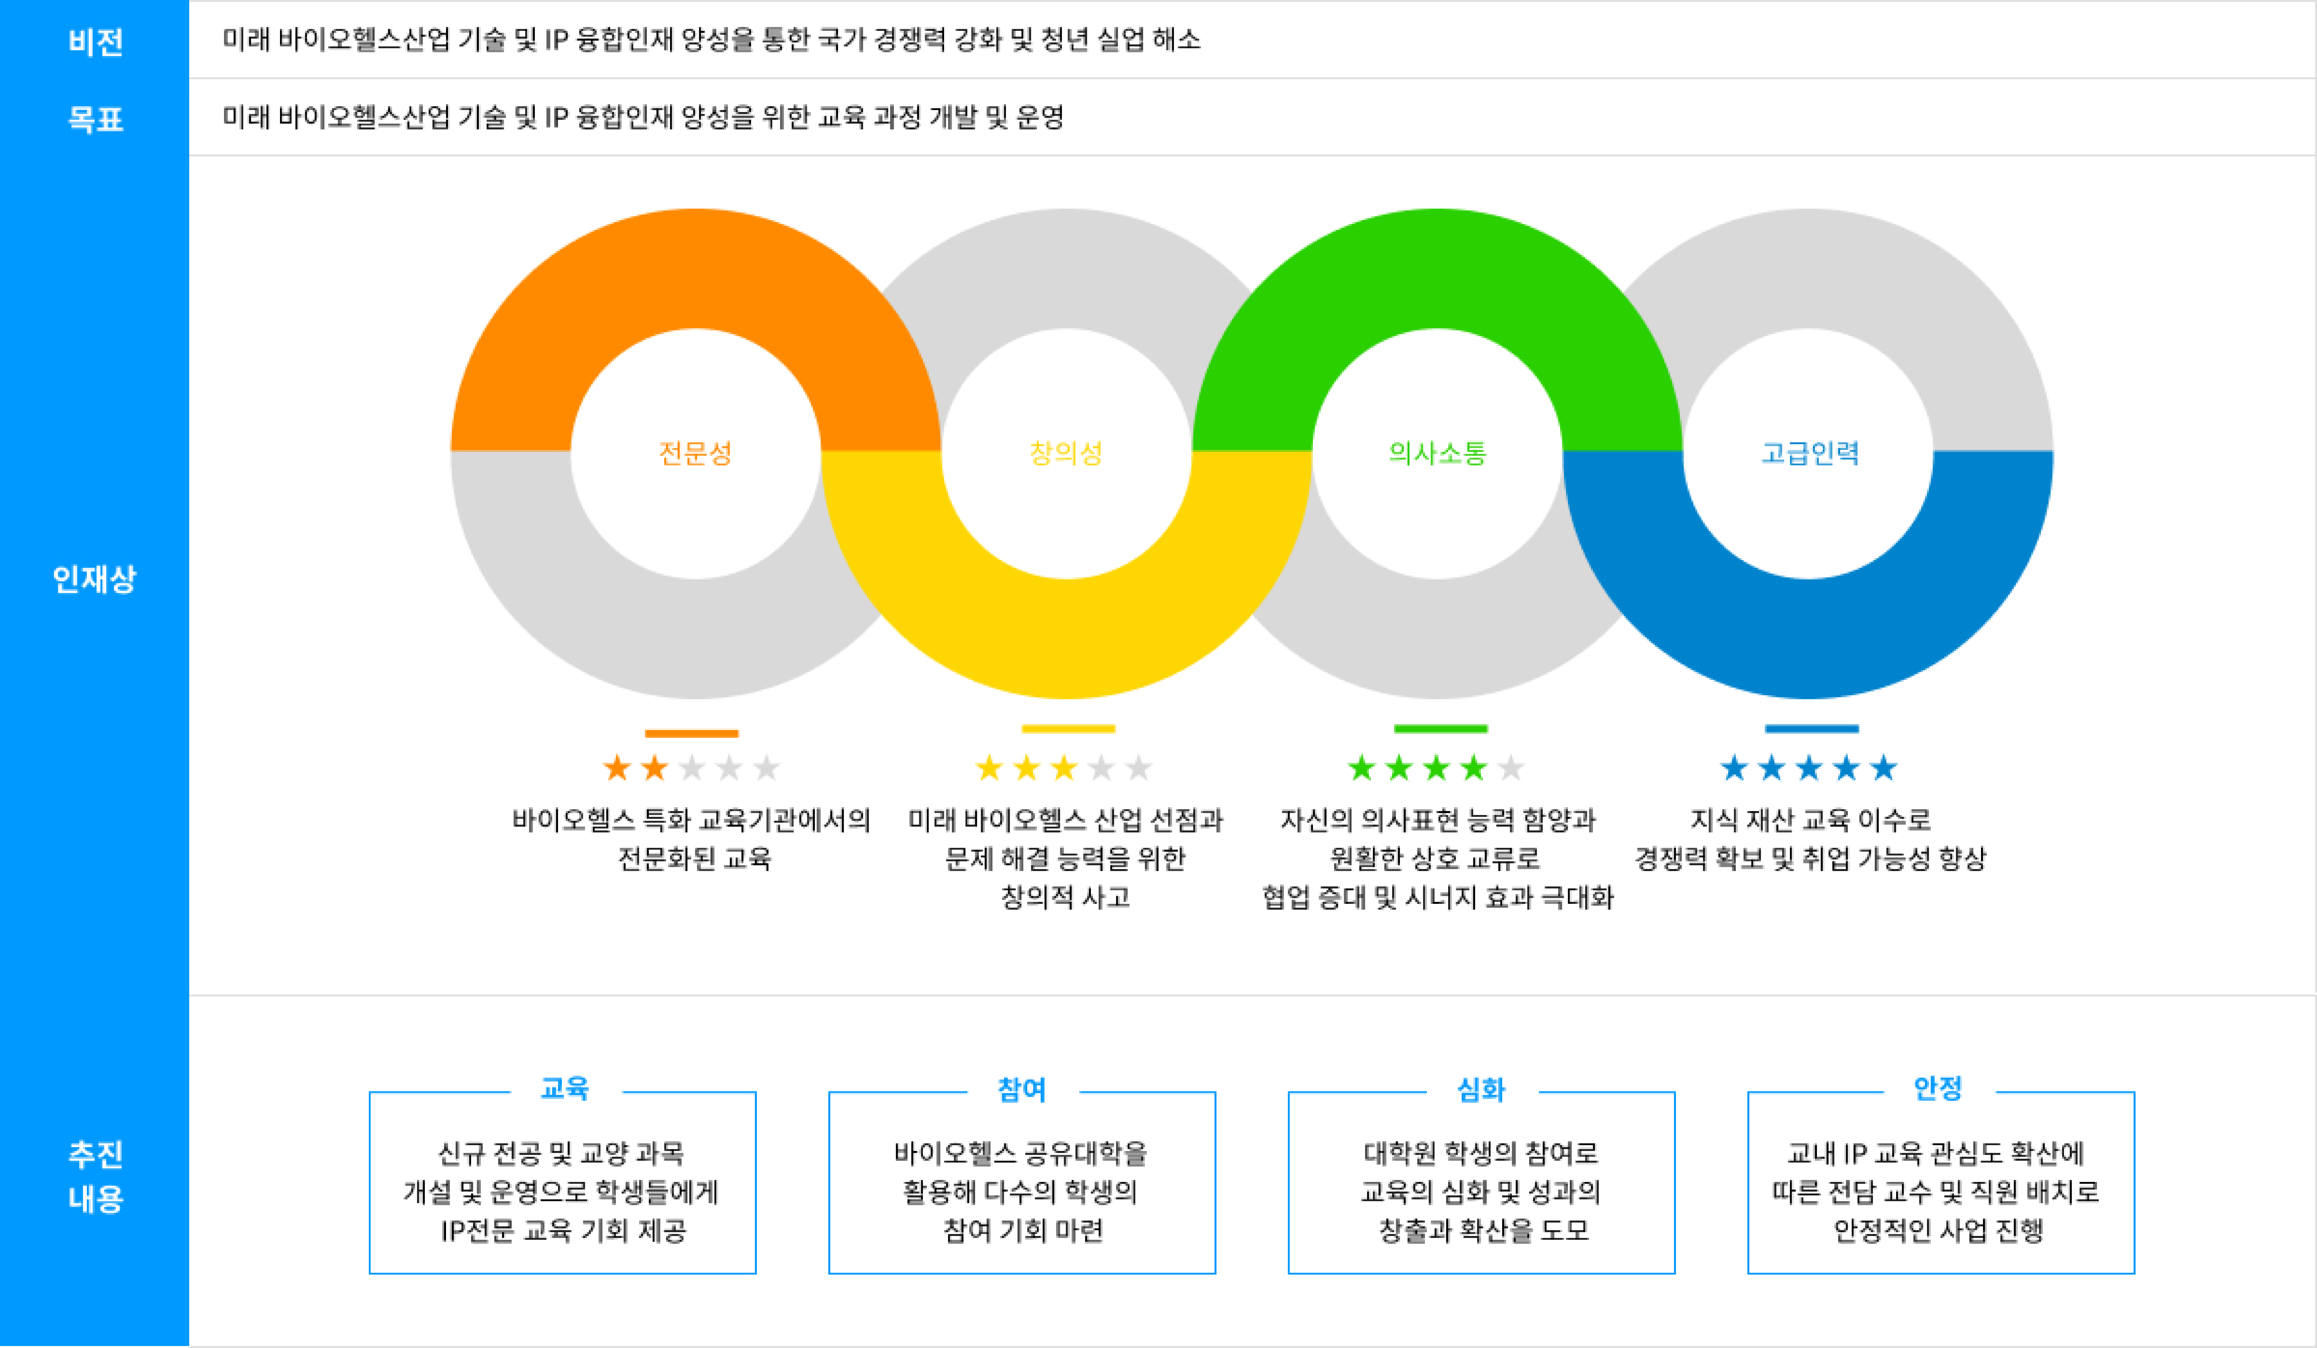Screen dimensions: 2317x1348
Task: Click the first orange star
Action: tap(617, 768)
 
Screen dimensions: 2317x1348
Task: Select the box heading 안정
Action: tap(1938, 1089)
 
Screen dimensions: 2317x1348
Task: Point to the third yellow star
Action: tap(1064, 768)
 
